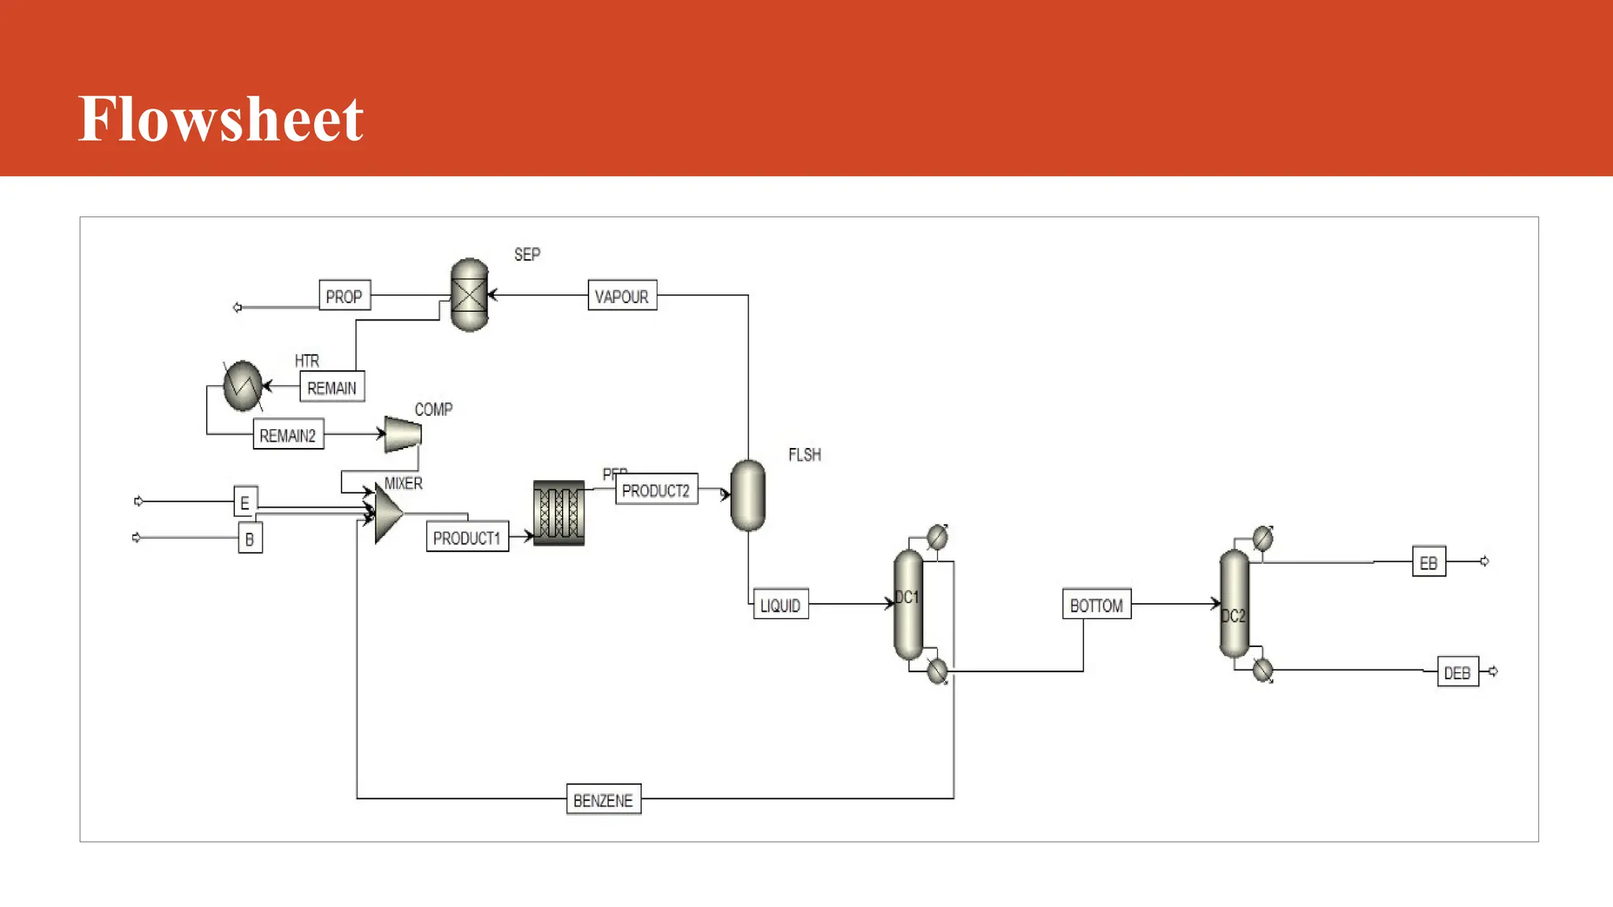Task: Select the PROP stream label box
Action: tap(344, 296)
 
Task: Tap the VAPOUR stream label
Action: tap(622, 296)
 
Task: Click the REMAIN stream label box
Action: tap(332, 387)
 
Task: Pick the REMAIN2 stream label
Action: tap(288, 435)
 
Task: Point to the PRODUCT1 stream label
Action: tap(467, 538)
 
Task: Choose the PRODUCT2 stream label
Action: tap(656, 491)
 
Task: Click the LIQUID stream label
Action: tap(781, 605)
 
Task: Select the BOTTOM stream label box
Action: tap(1096, 605)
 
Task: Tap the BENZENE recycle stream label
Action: tap(603, 800)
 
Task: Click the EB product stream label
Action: tap(1429, 562)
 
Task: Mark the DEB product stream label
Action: tap(1457, 672)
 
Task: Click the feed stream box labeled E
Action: tap(245, 502)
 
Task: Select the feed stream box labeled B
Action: tap(250, 539)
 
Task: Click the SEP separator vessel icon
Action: tap(469, 295)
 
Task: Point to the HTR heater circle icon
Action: tap(243, 386)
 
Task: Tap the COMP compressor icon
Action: tap(402, 434)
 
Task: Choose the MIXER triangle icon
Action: tap(387, 514)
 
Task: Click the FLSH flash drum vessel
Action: tap(747, 495)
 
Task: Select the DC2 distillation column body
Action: tap(1234, 605)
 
